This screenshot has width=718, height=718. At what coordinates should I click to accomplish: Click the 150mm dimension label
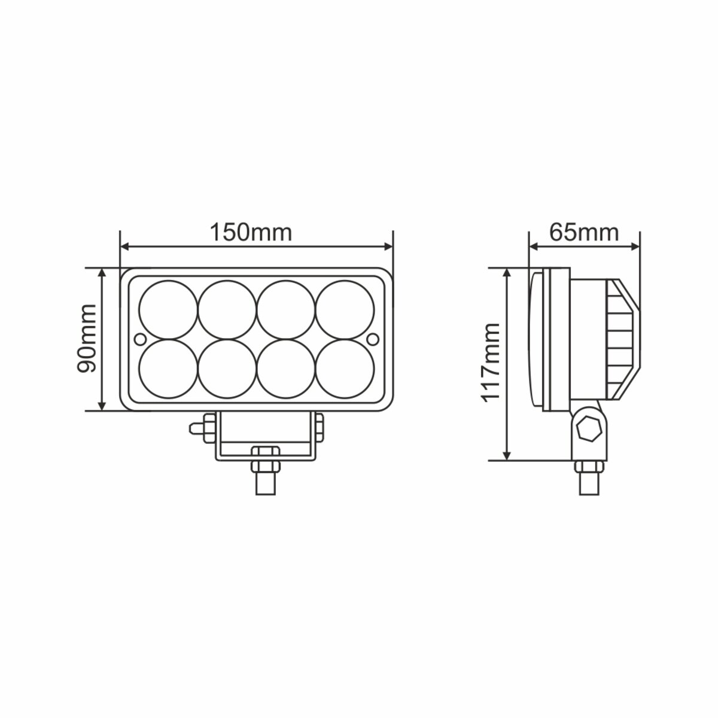(250, 232)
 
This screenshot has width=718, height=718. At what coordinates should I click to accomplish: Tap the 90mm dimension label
(87, 339)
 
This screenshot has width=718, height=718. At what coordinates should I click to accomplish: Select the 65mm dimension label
(583, 232)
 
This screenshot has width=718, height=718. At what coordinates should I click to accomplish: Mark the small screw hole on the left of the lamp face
(140, 339)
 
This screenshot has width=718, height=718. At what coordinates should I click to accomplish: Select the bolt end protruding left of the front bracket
(195, 427)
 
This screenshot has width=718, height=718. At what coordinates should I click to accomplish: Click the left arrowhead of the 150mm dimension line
(126, 245)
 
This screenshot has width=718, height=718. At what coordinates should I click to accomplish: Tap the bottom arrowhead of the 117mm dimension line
(507, 456)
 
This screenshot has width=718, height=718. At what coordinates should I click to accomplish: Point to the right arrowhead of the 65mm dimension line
(635, 245)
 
